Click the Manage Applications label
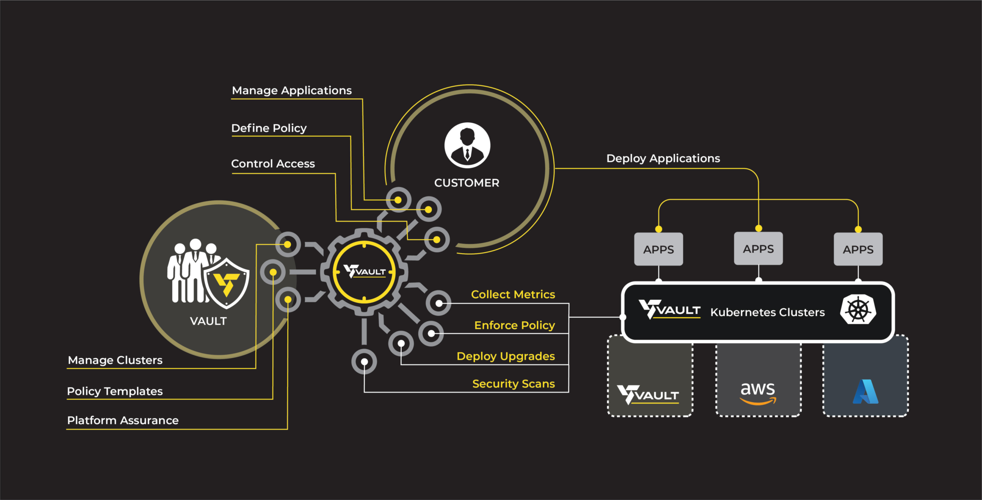(x=292, y=91)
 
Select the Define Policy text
(x=269, y=128)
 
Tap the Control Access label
(x=273, y=164)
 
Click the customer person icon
(x=467, y=145)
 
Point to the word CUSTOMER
(x=467, y=183)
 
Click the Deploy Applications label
(x=663, y=159)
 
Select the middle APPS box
(x=758, y=249)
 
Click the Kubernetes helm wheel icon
(x=858, y=310)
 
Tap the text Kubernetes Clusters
(x=767, y=313)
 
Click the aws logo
(x=758, y=393)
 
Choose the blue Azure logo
(x=865, y=392)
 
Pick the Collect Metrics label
(x=513, y=294)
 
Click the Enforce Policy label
(x=514, y=326)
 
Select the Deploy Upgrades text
(x=505, y=356)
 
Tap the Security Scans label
(x=513, y=384)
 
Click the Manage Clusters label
(x=115, y=360)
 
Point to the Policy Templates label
(x=115, y=391)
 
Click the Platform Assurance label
(x=123, y=420)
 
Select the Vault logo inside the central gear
(x=364, y=272)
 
